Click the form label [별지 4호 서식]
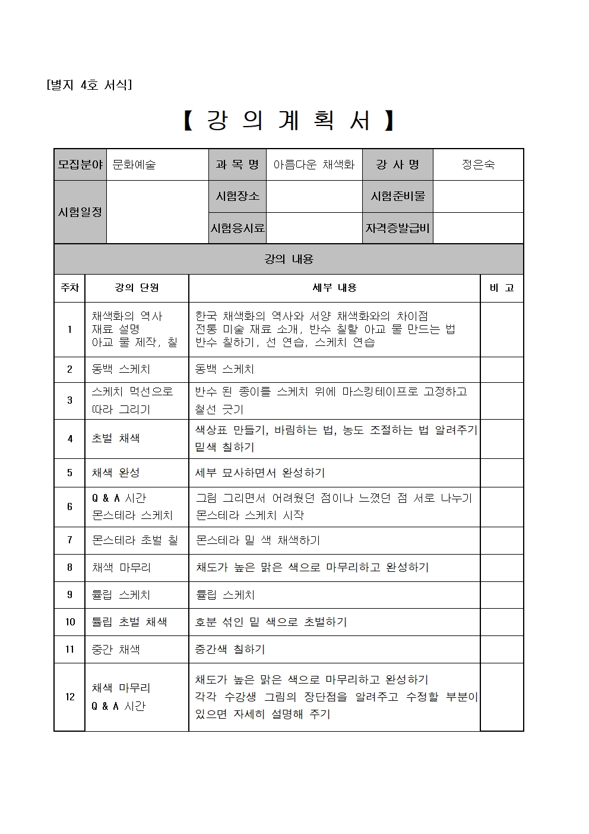click(x=89, y=85)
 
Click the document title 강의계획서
click(x=289, y=121)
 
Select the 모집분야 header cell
click(x=80, y=165)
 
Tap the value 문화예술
click(x=134, y=165)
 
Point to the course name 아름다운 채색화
click(x=313, y=165)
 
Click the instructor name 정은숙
click(x=478, y=165)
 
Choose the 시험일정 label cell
click(x=80, y=212)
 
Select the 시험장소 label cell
click(x=237, y=196)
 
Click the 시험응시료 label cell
click(x=237, y=228)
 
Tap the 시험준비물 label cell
click(x=398, y=196)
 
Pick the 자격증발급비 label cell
click(x=398, y=228)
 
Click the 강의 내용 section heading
click(x=289, y=259)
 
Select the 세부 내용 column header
click(x=334, y=288)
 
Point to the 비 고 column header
click(x=502, y=288)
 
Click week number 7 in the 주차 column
click(x=69, y=540)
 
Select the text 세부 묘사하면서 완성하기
click(x=260, y=473)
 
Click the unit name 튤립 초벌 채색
click(x=129, y=622)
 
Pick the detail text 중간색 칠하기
click(x=230, y=649)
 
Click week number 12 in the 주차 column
click(x=69, y=697)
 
